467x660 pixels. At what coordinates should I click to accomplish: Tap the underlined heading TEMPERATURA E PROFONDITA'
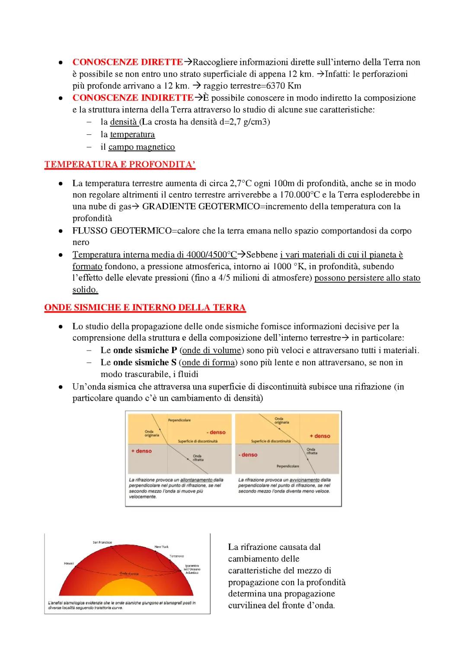click(x=120, y=164)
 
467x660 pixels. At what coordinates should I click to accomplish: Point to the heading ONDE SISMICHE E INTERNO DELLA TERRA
click(x=145, y=308)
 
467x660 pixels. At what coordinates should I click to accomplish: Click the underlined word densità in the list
click(x=123, y=122)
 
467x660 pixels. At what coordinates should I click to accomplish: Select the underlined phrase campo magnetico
click(x=141, y=147)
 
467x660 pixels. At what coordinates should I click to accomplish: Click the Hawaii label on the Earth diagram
click(x=69, y=564)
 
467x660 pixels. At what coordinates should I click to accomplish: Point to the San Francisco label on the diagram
click(x=102, y=542)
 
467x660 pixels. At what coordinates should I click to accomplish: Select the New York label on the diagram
click(x=162, y=547)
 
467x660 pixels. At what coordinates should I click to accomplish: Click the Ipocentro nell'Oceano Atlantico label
click(x=192, y=569)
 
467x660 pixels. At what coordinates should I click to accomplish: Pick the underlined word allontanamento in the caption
click(x=197, y=480)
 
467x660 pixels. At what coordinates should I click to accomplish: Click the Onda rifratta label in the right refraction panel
click(x=311, y=451)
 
